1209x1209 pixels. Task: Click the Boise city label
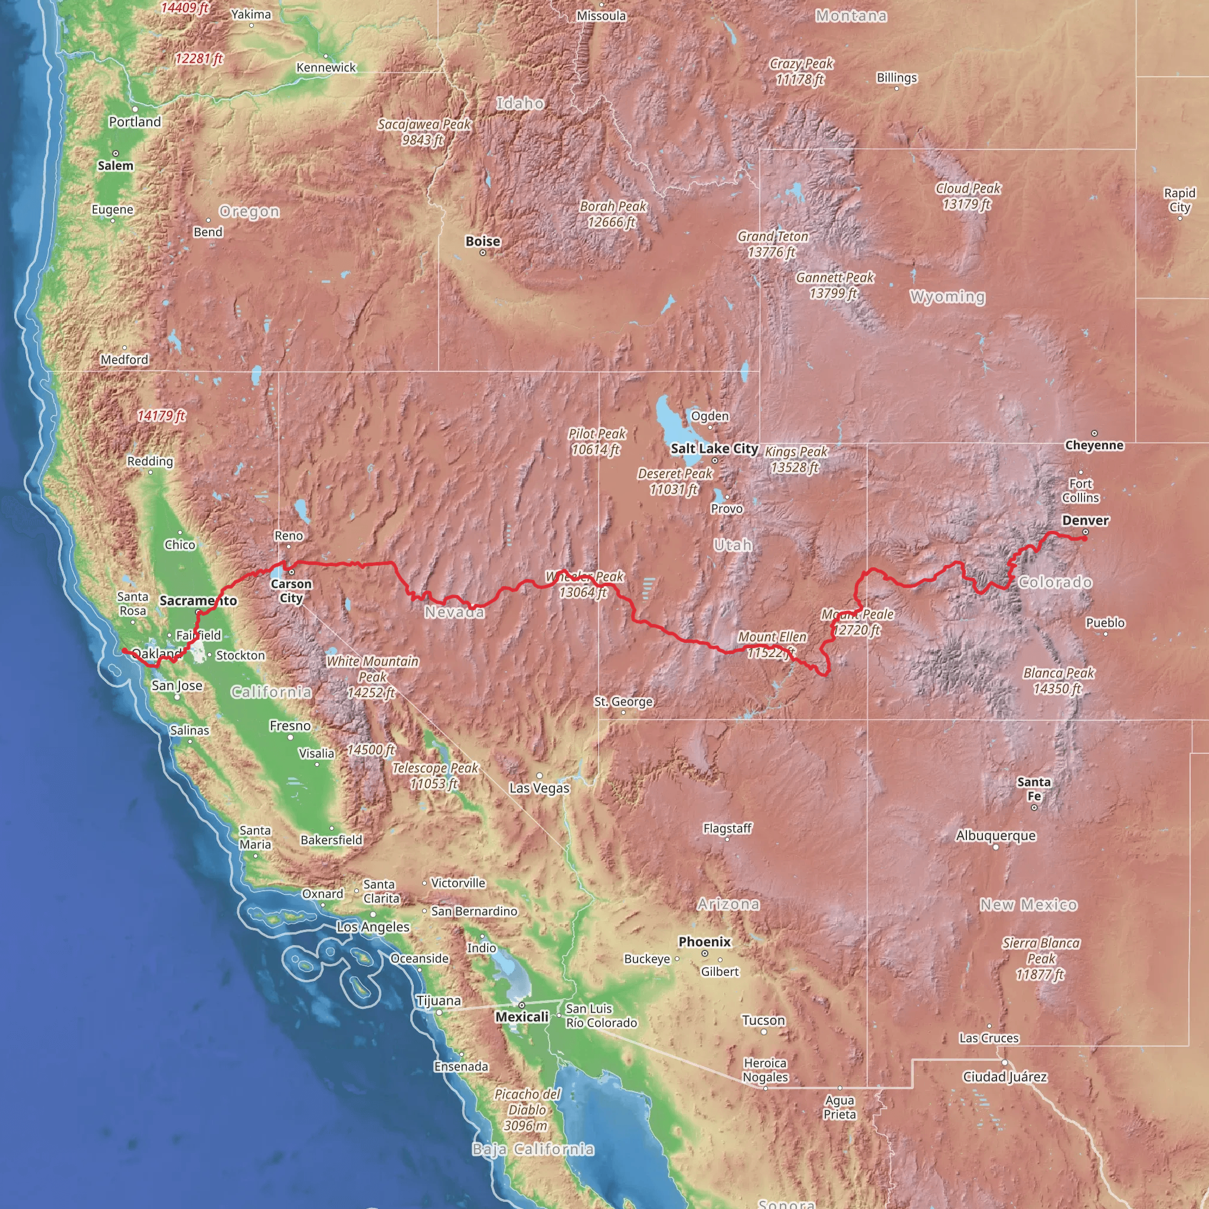coord(482,241)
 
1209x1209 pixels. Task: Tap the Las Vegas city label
coord(539,788)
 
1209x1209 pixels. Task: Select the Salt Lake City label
coord(714,449)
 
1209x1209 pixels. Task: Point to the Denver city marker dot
coord(1085,532)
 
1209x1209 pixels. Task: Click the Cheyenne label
coord(1094,445)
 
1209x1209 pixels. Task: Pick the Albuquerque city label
coord(996,835)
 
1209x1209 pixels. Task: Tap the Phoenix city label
coord(704,942)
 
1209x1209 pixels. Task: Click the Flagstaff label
coord(727,828)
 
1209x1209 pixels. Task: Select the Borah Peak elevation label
coord(612,214)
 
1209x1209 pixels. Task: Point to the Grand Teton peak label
coord(772,244)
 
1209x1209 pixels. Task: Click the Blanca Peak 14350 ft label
coord(1058,681)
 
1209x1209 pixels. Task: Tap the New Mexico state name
coord(1028,905)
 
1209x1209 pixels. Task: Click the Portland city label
coord(135,122)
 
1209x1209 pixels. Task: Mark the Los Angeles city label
coord(373,927)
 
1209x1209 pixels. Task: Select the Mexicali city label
coord(521,1017)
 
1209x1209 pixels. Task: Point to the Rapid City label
coord(1179,200)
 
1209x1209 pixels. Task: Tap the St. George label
coord(623,701)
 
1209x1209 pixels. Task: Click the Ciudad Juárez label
coord(1004,1076)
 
